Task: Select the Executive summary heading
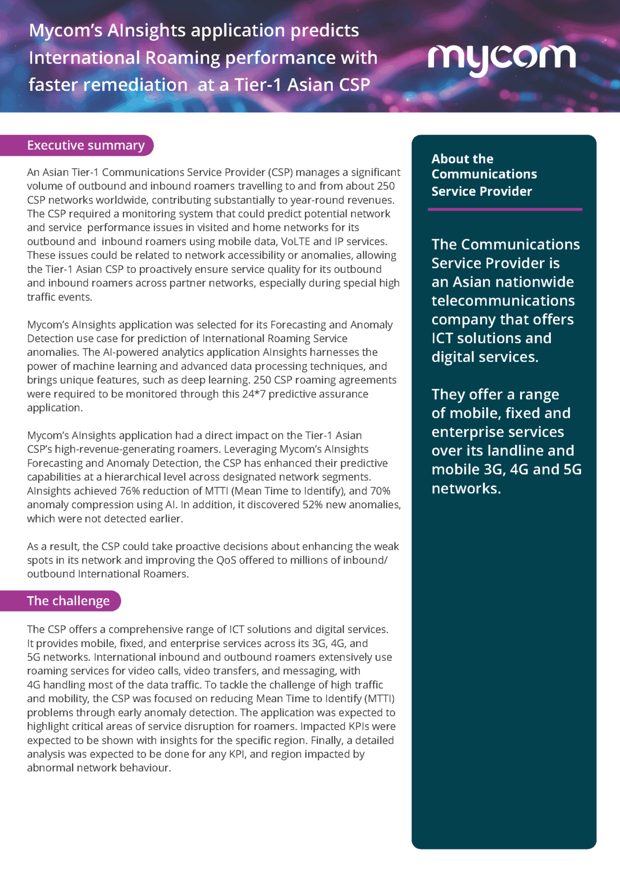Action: pyautogui.click(x=86, y=146)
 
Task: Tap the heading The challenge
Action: pyautogui.click(x=68, y=601)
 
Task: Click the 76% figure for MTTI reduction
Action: pyautogui.click(x=129, y=491)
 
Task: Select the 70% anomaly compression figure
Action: pyautogui.click(x=380, y=491)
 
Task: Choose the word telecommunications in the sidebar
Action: pyautogui.click(x=503, y=301)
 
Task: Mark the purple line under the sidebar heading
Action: pyautogui.click(x=505, y=210)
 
